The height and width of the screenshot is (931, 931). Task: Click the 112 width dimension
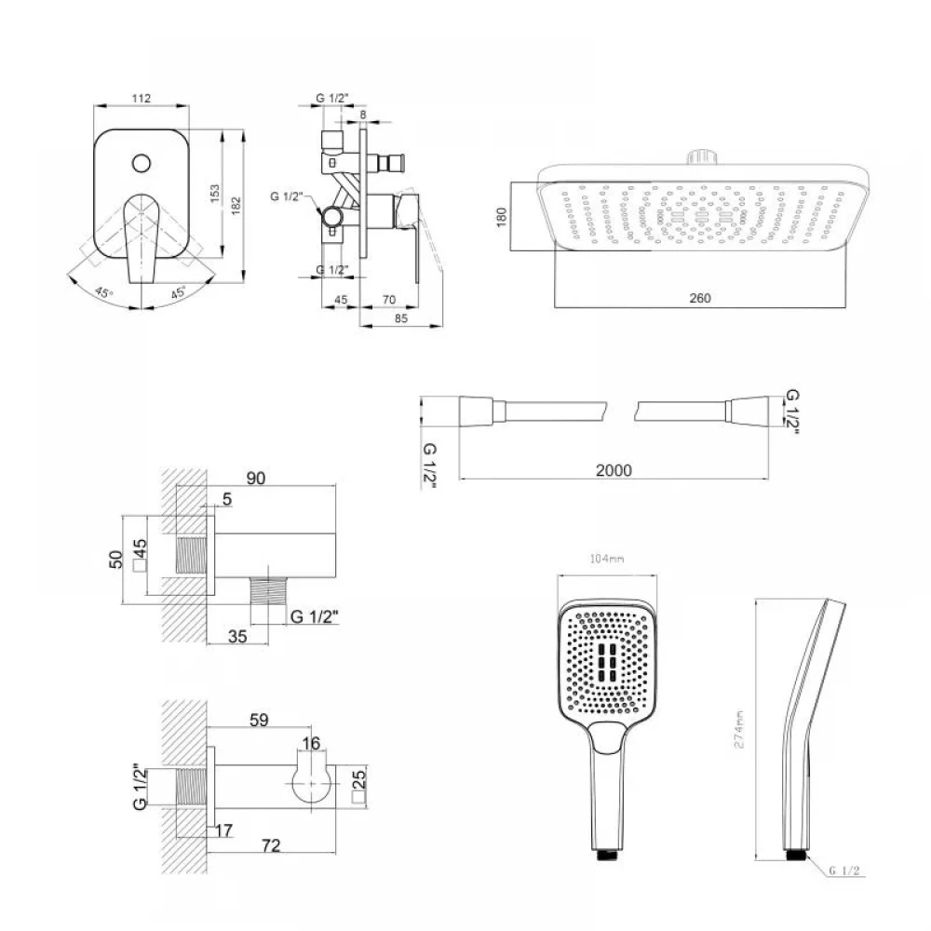tap(142, 98)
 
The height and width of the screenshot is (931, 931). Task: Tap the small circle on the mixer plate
tap(142, 163)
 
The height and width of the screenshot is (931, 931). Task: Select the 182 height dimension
tap(236, 206)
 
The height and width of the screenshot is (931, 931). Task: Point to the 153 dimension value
tap(214, 193)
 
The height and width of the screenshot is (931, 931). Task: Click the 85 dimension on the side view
tap(400, 318)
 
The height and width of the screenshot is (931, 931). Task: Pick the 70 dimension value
tap(389, 300)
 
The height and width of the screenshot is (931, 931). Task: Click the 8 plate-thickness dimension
tap(363, 115)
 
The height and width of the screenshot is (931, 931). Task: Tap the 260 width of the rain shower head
tap(700, 298)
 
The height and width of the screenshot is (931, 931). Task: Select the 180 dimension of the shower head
tap(502, 217)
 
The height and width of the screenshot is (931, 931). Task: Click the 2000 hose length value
tap(614, 470)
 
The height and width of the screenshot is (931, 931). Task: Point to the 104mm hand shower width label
tap(607, 559)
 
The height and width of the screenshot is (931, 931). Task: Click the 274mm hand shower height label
tap(739, 730)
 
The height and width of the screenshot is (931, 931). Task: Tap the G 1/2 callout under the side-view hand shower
tap(844, 870)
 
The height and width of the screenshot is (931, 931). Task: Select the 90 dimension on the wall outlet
tap(255, 479)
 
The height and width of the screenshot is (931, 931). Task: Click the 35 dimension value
tap(237, 637)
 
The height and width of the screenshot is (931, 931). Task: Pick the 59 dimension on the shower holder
tap(259, 721)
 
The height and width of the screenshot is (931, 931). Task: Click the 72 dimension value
tap(271, 845)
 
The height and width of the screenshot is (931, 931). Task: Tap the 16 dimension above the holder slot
tap(311, 743)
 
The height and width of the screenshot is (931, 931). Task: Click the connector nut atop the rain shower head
tap(703, 157)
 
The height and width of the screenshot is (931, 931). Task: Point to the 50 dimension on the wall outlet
tap(115, 560)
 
